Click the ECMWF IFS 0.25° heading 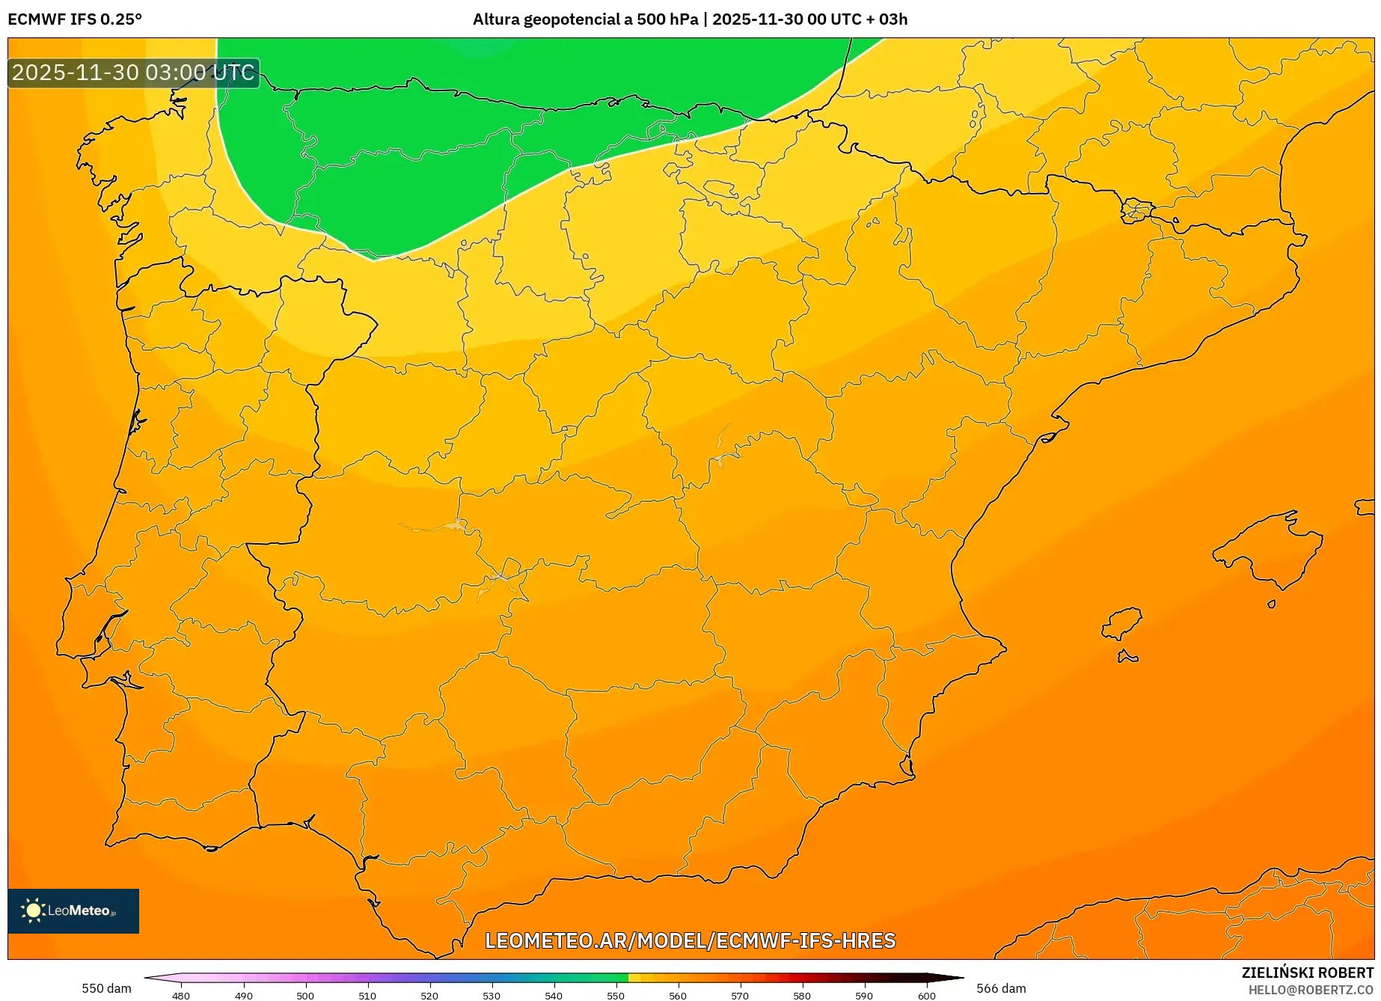(75, 19)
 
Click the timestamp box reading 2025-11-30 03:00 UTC (133, 73)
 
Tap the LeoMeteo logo (73, 910)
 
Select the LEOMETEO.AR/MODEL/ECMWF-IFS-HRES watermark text (690, 940)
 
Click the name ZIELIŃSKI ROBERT (1307, 973)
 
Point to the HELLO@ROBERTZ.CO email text (1310, 990)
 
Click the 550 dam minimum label (106, 988)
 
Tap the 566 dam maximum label (1001, 988)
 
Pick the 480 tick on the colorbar (181, 995)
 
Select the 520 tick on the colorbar (429, 995)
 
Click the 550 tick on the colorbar (616, 995)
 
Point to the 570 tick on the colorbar (740, 995)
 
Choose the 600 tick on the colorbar (926, 995)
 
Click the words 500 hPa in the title (667, 19)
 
